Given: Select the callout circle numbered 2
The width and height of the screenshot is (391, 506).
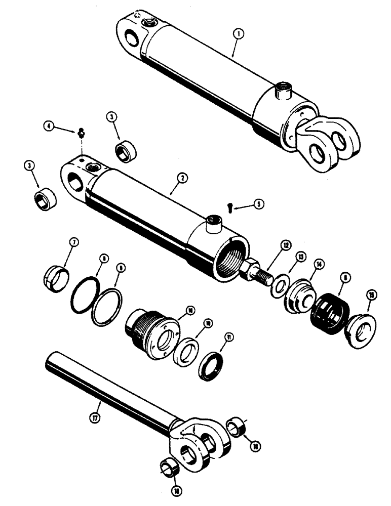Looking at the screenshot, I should tap(182, 178).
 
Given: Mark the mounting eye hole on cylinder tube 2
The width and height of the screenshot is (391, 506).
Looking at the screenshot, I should tap(74, 181).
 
